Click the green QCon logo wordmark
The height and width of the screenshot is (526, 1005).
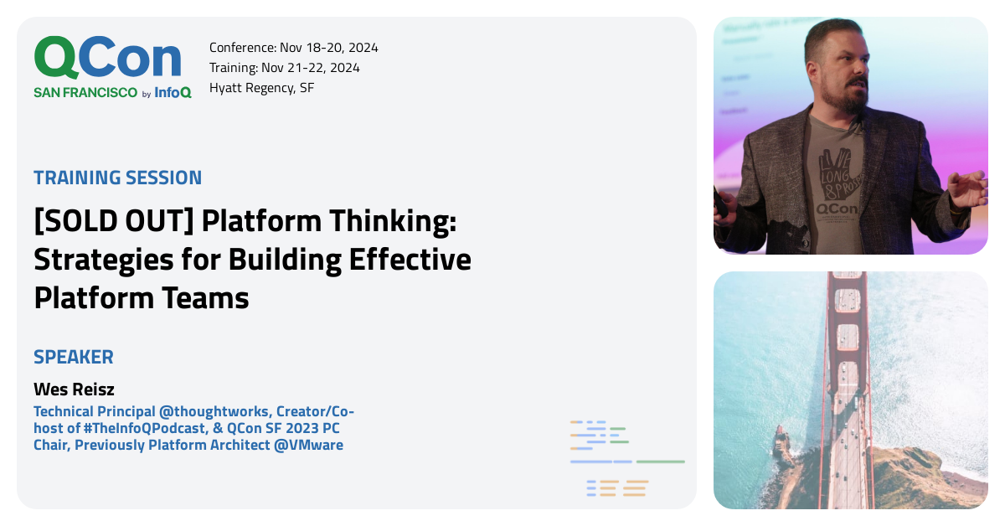click(x=107, y=59)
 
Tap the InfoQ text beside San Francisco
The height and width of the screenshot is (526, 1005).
click(x=173, y=93)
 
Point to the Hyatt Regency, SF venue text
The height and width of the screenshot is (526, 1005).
click(x=261, y=87)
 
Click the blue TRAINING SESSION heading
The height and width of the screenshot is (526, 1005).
click(x=117, y=178)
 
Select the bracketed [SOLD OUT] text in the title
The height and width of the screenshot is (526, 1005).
click(x=113, y=221)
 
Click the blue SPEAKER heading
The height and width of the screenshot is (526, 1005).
click(x=74, y=357)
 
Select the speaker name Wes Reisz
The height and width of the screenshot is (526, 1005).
click(x=73, y=389)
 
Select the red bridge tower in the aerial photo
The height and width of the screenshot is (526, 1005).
click(x=848, y=335)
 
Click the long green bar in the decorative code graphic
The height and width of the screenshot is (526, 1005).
click(x=660, y=462)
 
